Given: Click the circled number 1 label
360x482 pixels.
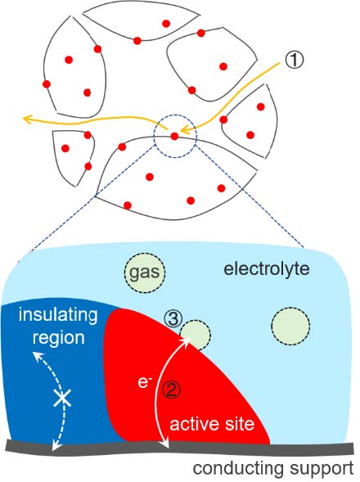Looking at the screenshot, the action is point(294,59).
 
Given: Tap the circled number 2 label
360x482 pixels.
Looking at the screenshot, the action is point(171,390).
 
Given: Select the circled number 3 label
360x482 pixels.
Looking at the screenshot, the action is point(173,319).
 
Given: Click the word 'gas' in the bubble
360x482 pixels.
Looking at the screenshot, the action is point(145,272).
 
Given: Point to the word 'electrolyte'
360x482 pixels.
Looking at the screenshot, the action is point(267,269).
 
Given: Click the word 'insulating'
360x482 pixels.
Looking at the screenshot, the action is point(58,315).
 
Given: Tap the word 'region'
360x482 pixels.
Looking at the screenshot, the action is point(58,337).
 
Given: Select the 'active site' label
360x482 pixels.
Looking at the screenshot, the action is point(212,424).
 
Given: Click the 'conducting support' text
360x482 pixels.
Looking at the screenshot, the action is point(273,468).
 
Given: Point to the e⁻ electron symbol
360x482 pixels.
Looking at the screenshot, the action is point(143,382).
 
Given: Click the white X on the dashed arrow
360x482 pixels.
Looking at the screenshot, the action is point(62,398).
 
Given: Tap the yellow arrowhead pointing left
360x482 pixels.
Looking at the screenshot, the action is point(29,119).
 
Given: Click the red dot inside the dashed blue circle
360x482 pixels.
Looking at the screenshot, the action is point(174,136).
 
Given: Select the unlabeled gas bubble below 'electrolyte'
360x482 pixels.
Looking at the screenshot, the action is point(290,326).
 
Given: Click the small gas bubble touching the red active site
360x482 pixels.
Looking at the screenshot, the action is point(196,335).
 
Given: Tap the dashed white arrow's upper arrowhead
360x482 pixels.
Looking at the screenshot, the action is point(37,356).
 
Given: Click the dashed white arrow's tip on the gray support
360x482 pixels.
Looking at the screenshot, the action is point(55,448).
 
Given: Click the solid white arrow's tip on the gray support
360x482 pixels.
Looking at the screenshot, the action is point(167,445).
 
